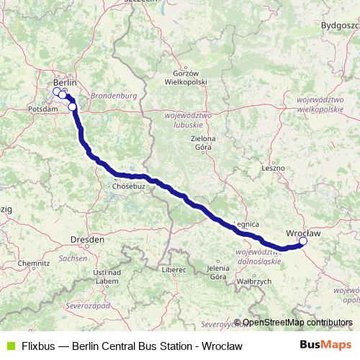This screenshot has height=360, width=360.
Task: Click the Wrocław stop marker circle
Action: tap(303, 242)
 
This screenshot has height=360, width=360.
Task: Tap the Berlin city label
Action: tap(65, 82)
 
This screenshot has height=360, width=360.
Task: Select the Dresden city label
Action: tap(88, 238)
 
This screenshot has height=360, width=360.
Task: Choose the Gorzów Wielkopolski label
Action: tap(190, 77)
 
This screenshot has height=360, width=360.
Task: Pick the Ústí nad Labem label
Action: tap(106, 276)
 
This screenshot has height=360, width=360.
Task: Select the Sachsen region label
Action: tap(69, 256)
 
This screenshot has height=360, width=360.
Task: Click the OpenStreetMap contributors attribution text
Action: tap(297, 323)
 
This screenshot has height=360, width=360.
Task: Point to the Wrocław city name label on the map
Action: tap(302, 233)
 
